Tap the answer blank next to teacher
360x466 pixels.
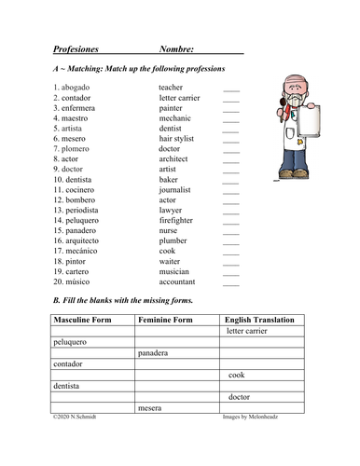point(231,88)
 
